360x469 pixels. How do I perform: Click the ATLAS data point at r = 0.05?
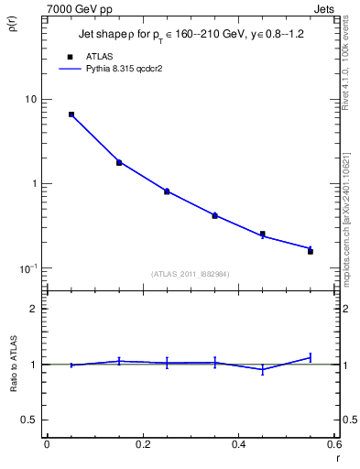(71, 115)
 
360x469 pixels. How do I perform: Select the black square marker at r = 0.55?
(311, 251)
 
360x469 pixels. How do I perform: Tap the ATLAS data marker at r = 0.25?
(167, 191)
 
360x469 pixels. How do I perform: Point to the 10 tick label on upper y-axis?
(30, 99)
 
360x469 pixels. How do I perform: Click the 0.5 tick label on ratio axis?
(29, 420)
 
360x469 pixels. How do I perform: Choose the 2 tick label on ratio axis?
(34, 309)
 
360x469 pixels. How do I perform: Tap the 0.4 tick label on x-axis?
(238, 445)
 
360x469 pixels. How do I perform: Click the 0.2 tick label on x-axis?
(142, 445)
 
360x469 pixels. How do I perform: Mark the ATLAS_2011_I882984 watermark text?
(191, 274)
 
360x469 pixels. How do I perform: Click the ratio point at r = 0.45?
(263, 370)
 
